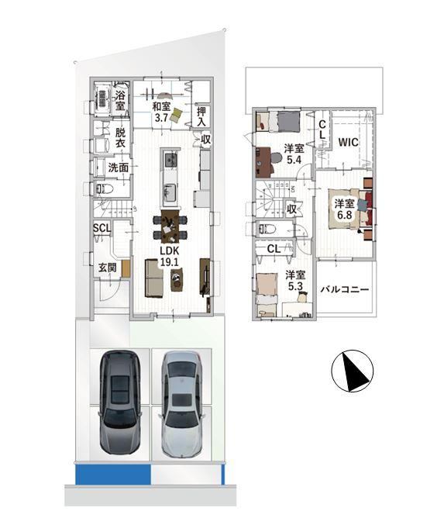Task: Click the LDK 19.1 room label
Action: coord(170,256)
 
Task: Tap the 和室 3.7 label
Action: coord(161,112)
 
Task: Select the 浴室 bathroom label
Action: coord(120,100)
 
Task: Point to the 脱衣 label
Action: coord(120,137)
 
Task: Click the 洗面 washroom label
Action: coord(119,167)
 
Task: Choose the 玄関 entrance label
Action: coord(108,268)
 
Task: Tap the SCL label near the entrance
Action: coord(102,228)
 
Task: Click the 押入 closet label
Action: coord(201,116)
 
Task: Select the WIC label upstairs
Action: coord(348,142)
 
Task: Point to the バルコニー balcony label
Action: coord(345,289)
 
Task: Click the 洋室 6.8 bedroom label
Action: coord(344,209)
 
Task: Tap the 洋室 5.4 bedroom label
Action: coord(294,154)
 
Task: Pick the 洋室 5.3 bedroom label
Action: coord(295,280)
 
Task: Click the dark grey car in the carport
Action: coord(120,402)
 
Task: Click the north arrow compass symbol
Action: coord(353,371)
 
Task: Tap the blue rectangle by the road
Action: coord(113,475)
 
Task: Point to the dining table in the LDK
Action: coord(170,226)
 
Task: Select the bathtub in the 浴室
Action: coord(102,98)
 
